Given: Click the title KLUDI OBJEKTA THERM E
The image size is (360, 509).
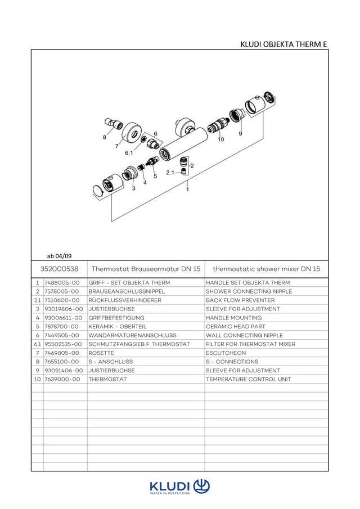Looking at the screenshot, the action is tap(283, 44).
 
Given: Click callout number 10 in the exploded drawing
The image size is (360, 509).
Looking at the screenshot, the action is tap(220, 139).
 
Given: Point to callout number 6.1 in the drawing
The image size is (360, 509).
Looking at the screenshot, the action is tap(129, 152).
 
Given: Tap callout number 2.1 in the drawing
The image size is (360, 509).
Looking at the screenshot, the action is tap(170, 172).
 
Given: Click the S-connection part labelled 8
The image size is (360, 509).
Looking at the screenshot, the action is tap(114, 123).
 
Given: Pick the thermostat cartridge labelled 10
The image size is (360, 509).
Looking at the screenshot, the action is tap(218, 125).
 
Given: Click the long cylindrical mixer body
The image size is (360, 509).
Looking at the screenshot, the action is tap(183, 143).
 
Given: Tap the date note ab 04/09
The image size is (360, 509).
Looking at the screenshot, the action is tap(59, 256).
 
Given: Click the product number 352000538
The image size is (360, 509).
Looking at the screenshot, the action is tap(59, 269).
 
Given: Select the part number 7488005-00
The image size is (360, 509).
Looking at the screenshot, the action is tap(62, 283).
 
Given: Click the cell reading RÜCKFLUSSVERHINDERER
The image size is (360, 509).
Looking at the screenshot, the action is tap(125, 300).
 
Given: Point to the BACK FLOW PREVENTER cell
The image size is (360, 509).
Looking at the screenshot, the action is tap(240, 300).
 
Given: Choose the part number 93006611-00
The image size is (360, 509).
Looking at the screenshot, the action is tap(64, 318).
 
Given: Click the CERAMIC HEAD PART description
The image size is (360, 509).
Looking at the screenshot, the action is tap(235, 327).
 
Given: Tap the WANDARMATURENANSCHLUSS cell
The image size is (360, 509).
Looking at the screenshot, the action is tap(132, 335).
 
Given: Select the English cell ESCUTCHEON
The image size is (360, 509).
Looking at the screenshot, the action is tap(226, 353).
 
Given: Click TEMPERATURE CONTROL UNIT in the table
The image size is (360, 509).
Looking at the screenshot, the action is tap(248, 379).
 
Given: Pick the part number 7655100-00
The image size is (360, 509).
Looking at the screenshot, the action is tap(62, 362).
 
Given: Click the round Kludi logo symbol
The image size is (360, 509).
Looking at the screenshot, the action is tap(201, 487).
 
